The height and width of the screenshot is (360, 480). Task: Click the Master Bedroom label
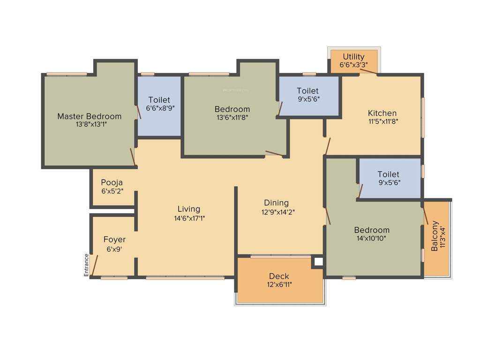coord(89,116)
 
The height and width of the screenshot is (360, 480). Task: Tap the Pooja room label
coord(112,182)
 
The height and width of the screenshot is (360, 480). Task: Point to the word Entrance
coord(86,265)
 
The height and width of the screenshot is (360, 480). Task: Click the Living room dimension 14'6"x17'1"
coord(189,218)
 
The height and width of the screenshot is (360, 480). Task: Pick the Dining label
coord(276,202)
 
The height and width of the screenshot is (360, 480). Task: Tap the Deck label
coord(279,276)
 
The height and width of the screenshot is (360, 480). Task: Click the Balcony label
coord(435,235)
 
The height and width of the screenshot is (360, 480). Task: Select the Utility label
coord(353,57)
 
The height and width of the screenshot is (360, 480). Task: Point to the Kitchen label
coord(382,113)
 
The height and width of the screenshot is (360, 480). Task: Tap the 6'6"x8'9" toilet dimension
coord(159,109)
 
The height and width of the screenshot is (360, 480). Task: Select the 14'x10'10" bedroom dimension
coord(371,239)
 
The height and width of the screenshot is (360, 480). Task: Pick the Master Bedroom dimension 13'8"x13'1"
coord(89,125)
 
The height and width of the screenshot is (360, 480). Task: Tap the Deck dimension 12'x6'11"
coord(279,285)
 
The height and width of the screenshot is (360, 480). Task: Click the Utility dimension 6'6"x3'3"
coord(353,65)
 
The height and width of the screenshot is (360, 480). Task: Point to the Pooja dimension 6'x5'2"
coord(112,191)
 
